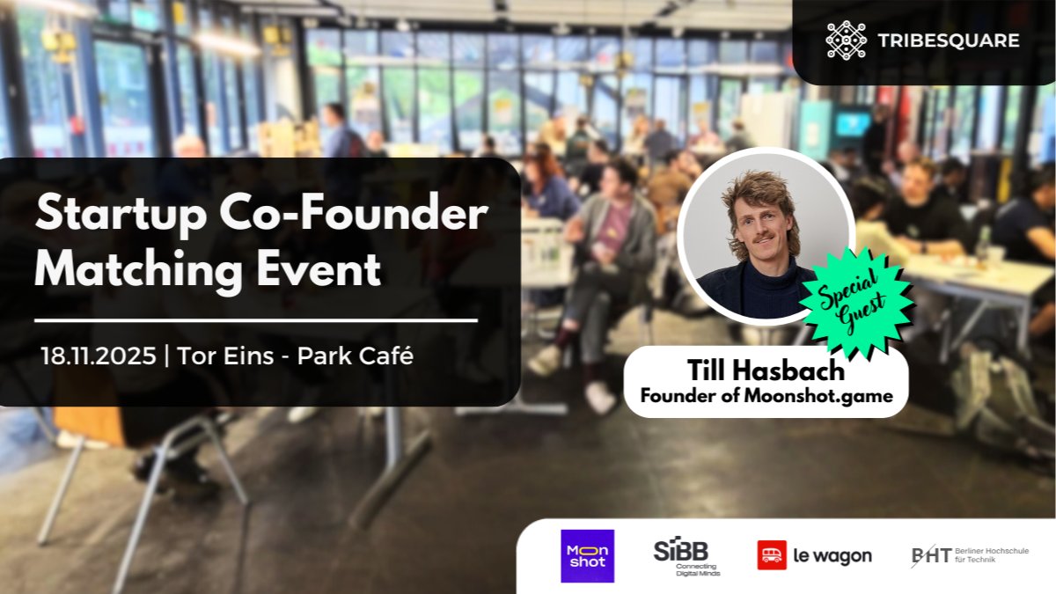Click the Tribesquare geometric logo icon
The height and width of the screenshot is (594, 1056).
click(x=847, y=40)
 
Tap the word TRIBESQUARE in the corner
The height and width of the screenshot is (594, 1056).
click(x=948, y=40)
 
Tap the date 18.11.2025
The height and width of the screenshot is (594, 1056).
click(x=99, y=356)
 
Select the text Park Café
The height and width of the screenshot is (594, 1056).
click(x=356, y=356)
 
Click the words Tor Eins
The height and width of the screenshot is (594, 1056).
click(x=225, y=356)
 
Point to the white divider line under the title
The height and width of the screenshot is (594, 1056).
click(x=256, y=321)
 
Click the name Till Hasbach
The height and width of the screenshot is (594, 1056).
click(x=766, y=370)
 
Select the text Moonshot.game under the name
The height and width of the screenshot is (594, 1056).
click(x=818, y=395)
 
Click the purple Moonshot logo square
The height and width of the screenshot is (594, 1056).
click(x=588, y=556)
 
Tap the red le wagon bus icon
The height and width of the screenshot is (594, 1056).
click(x=772, y=555)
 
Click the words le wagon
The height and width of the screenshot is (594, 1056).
click(x=832, y=556)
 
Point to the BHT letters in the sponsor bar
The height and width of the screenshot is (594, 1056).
click(x=932, y=556)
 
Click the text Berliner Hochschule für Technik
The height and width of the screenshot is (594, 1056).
click(x=992, y=555)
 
